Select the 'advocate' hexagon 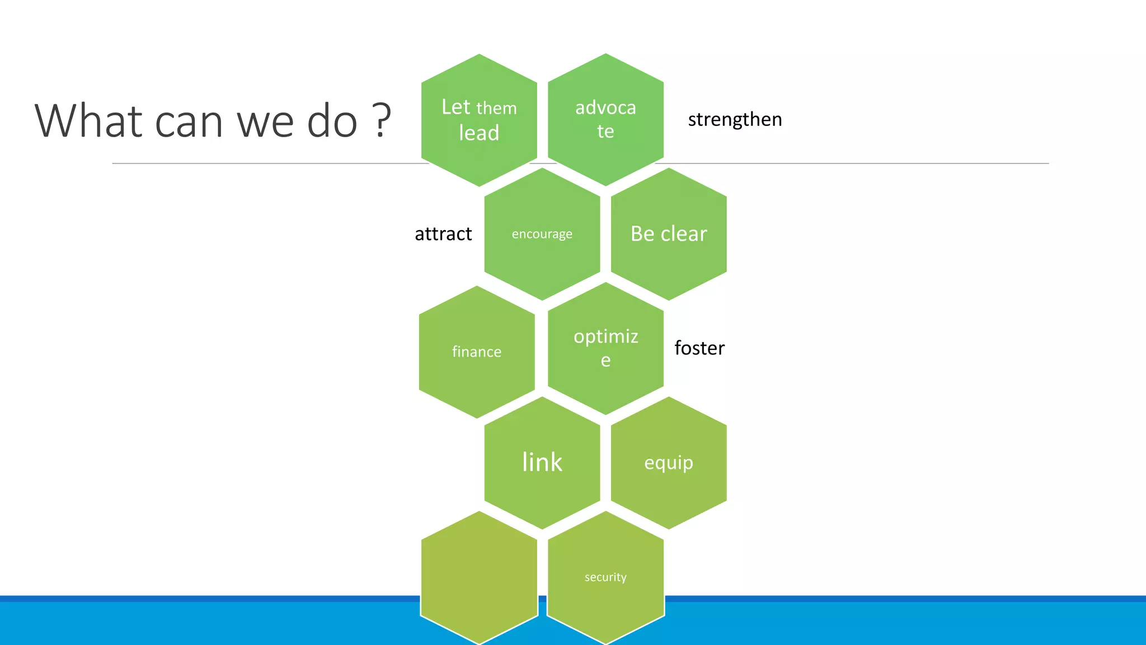coord(605,119)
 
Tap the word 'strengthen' coord(734,119)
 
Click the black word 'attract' coord(443,233)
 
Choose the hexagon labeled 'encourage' coord(542,234)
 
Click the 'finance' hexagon coord(477,352)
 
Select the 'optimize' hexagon coord(605,348)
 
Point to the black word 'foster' coord(699,348)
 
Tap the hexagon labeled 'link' coord(542,462)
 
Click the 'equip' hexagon coord(669,462)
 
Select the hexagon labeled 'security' coord(605,577)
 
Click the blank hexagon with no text coord(479,577)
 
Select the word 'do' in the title coord(332,120)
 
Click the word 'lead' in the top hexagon coord(479,133)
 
